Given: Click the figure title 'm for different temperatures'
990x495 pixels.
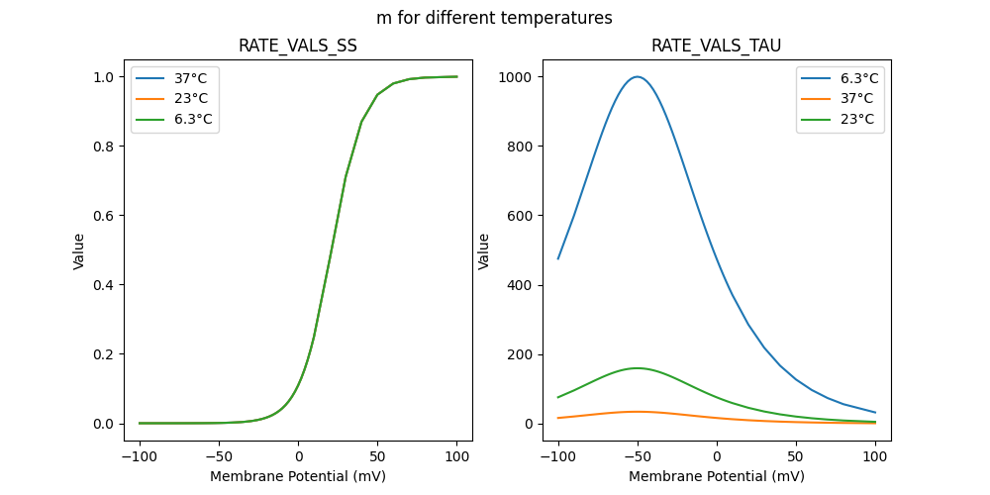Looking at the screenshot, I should click(x=494, y=18).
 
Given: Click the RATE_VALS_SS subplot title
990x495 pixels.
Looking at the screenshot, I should click(x=298, y=46).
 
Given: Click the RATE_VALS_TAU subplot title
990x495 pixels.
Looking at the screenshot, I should click(x=717, y=46).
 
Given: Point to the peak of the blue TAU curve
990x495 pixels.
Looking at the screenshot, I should click(x=638, y=77).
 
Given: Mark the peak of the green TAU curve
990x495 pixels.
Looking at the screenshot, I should click(x=638, y=368).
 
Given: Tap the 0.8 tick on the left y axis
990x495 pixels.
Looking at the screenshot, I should click(x=109, y=147).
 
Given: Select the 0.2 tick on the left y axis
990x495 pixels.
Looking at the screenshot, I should click(x=109, y=354).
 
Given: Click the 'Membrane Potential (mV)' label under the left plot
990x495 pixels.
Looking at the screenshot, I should click(x=298, y=476).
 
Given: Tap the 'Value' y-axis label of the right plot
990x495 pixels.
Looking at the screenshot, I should click(x=484, y=251).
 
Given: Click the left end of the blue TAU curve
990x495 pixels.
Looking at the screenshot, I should click(x=558, y=259).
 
